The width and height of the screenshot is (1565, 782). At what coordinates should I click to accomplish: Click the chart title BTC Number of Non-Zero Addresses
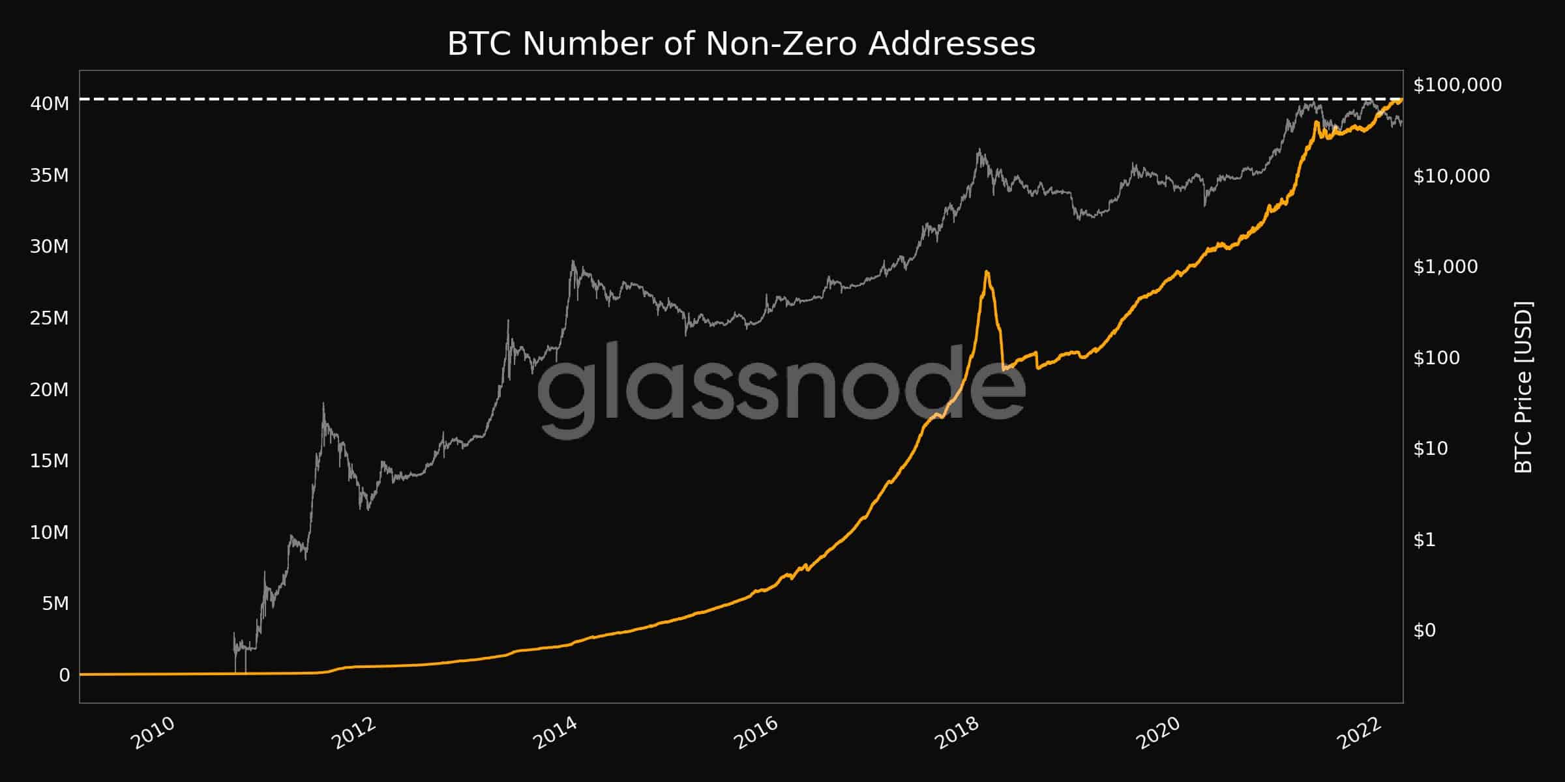coord(741,44)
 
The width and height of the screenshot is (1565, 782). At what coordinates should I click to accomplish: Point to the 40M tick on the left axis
coord(50,104)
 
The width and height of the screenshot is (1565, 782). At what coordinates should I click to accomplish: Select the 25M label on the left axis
coord(50,318)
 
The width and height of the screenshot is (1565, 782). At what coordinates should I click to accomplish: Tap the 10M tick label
coord(50,532)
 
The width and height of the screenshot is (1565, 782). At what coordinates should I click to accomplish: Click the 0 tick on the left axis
coord(64,675)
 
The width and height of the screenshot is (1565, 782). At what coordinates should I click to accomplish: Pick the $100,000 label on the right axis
coord(1457,85)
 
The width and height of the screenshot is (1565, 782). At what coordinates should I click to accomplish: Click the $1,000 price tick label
coord(1445,267)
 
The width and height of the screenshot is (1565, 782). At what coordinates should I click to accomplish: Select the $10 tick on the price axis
coord(1430,448)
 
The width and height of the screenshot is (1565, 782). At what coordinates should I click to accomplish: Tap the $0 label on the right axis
coord(1424,630)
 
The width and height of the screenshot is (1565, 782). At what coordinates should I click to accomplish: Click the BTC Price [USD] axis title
coord(1523,387)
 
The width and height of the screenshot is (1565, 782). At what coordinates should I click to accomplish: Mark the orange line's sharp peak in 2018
coord(987,272)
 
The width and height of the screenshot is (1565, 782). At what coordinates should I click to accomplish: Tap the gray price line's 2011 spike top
coord(323,404)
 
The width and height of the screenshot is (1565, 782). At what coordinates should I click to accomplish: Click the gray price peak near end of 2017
coord(979,149)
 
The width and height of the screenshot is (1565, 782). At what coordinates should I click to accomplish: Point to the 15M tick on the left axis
coord(50,461)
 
